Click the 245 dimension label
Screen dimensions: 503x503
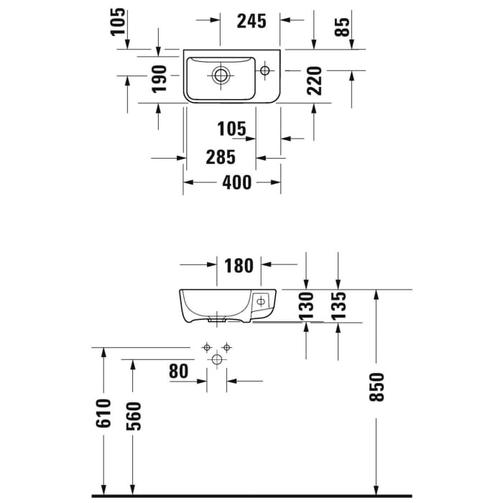tap(251, 21)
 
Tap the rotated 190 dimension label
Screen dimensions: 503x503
tap(160, 78)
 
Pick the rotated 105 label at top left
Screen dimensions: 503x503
tap(119, 22)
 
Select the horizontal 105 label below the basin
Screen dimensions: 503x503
tap(231, 129)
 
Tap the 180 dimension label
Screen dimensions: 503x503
tap(239, 266)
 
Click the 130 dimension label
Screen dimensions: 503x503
tap(308, 305)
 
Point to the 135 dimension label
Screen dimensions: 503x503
tap(340, 305)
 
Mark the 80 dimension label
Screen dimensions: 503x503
tap(180, 372)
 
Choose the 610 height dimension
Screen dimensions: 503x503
tap(105, 413)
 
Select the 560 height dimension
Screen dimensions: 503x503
tap(134, 416)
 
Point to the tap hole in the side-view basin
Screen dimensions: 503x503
tap(261, 303)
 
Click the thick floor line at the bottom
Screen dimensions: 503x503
tap(251, 495)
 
